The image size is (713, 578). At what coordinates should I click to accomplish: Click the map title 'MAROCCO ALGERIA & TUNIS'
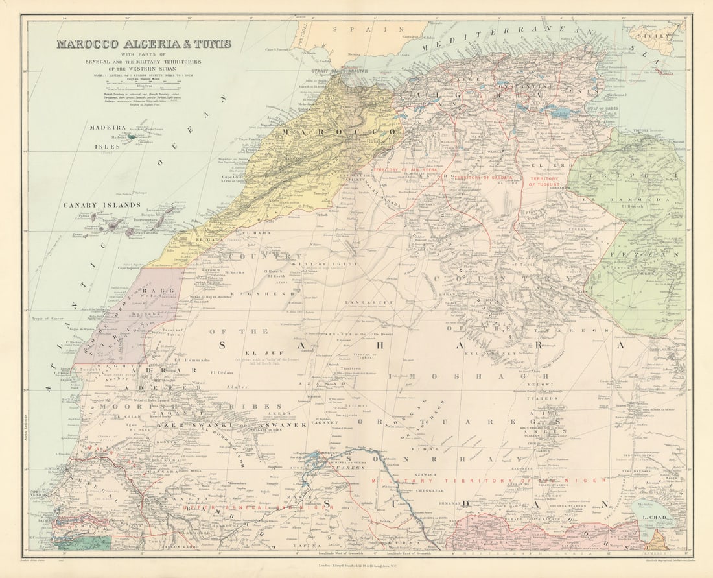click(143, 45)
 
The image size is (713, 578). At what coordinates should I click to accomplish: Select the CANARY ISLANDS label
click(101, 205)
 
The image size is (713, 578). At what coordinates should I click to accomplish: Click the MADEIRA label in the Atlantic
click(107, 128)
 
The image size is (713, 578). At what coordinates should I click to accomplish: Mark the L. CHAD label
click(654, 517)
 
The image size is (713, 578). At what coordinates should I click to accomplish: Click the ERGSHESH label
click(268, 293)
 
